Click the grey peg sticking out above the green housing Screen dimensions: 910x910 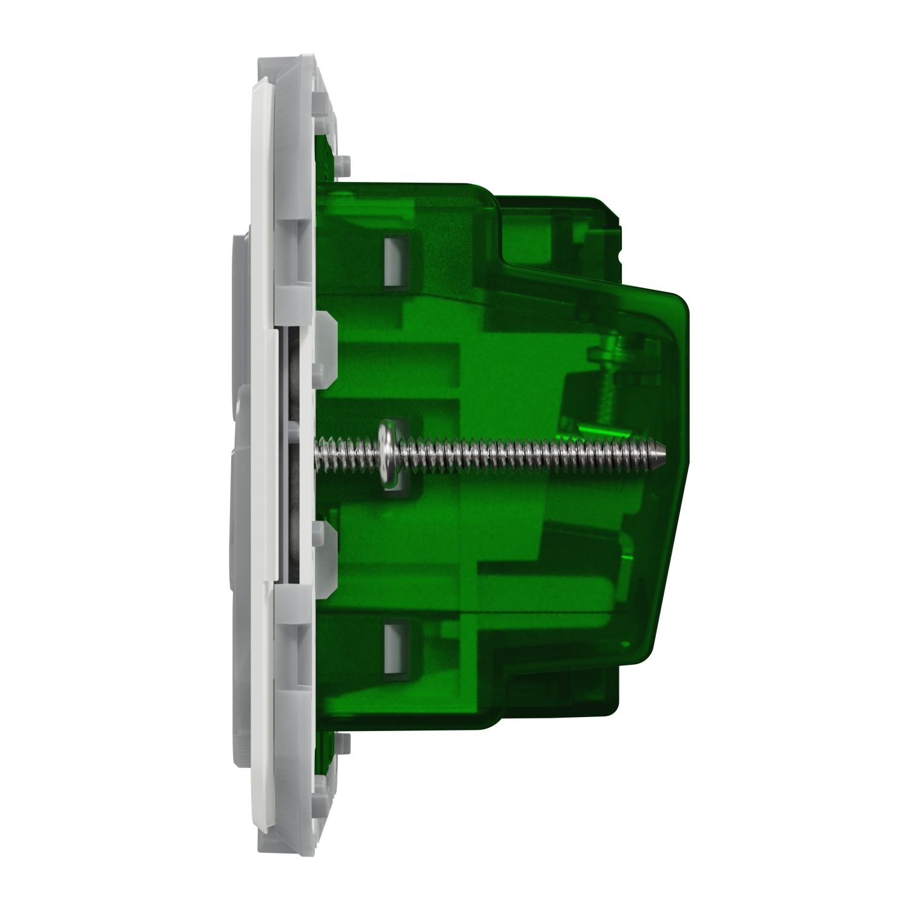(345, 163)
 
